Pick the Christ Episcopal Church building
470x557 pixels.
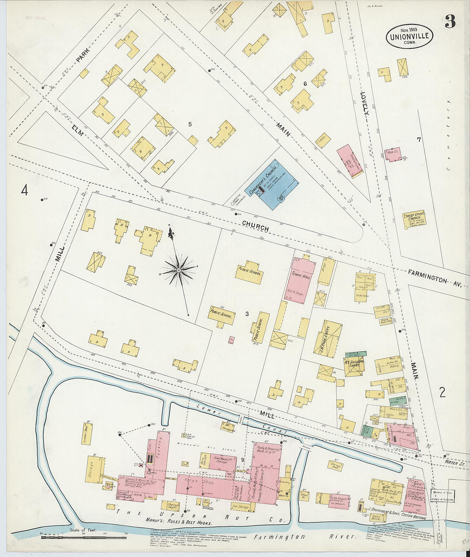point(414,220)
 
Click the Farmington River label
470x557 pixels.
point(304,537)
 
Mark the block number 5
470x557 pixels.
point(190,124)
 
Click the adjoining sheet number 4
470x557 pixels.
point(25,190)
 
